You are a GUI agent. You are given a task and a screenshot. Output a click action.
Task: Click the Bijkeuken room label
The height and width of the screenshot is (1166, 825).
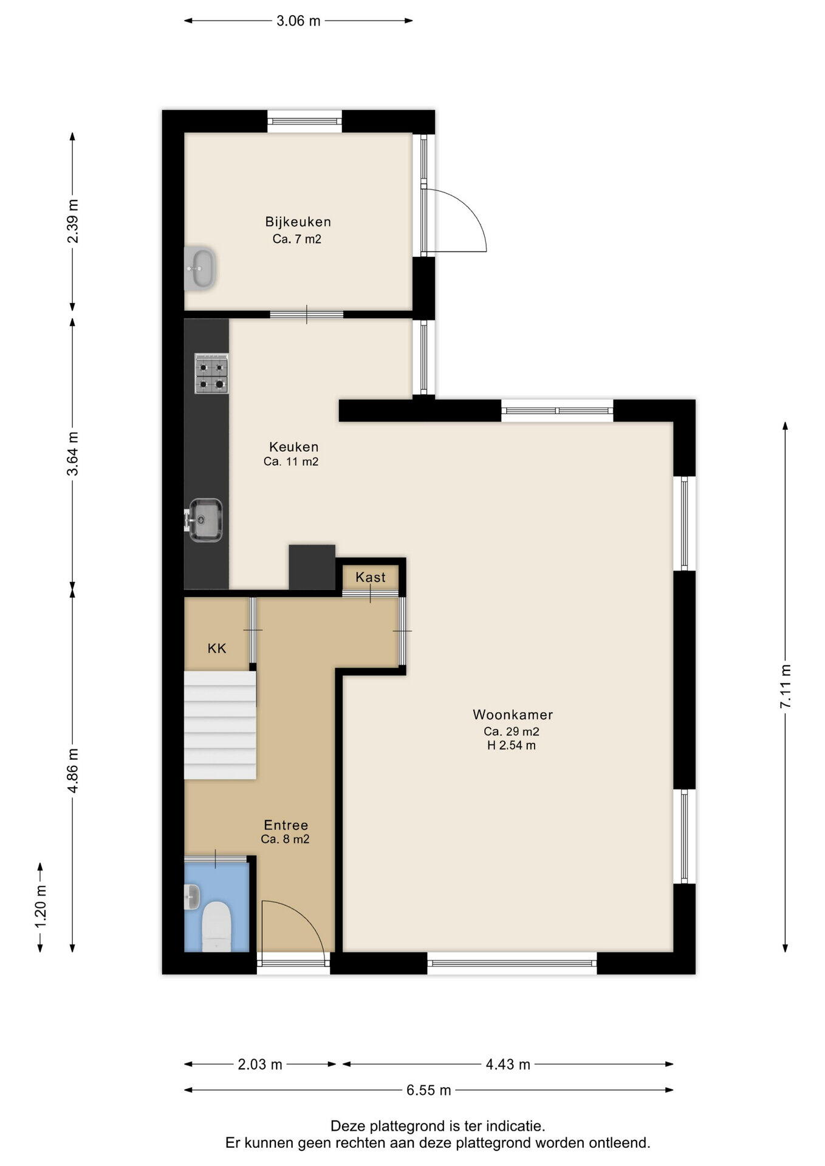click(298, 222)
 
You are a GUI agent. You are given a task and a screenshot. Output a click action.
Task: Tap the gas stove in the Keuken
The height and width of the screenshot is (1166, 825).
click(211, 373)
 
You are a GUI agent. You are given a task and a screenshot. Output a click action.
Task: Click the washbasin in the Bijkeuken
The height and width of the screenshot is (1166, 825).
click(199, 268)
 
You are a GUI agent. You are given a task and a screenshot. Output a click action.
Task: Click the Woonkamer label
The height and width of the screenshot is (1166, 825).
click(513, 715)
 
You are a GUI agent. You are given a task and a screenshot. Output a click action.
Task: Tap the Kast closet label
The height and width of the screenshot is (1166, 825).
click(371, 577)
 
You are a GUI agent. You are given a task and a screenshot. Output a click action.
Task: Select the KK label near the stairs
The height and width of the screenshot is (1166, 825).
click(217, 649)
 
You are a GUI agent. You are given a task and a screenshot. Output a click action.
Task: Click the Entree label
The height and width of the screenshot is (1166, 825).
click(286, 825)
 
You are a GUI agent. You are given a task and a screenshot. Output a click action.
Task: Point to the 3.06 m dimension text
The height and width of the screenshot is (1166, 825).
click(298, 21)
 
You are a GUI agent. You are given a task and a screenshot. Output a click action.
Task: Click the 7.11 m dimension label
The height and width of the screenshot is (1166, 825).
click(786, 686)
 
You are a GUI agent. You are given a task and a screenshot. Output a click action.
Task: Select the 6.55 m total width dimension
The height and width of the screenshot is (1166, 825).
click(429, 1090)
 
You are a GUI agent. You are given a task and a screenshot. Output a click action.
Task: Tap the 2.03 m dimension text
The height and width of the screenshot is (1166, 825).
click(260, 1065)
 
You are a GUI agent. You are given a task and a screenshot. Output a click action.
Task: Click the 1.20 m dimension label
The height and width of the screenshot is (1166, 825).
click(41, 906)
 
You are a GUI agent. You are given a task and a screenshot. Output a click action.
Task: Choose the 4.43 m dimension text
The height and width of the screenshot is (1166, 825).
click(508, 1065)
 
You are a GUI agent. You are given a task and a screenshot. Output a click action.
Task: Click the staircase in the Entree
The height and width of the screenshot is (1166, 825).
click(220, 725)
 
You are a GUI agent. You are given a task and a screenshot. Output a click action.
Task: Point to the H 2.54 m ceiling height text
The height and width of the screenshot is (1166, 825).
click(512, 746)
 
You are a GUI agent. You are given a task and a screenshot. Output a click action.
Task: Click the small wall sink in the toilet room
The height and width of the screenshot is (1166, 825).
click(192, 897)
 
